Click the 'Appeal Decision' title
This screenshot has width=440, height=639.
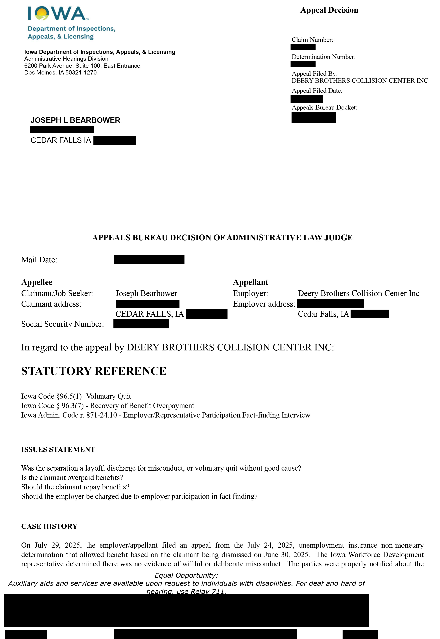tap(329, 10)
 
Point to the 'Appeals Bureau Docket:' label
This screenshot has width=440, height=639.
tap(325, 108)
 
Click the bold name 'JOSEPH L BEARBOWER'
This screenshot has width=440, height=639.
tap(75, 120)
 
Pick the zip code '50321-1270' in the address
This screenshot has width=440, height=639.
tap(81, 72)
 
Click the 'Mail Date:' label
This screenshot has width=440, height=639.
tap(39, 260)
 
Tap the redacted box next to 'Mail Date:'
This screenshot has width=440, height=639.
tap(149, 260)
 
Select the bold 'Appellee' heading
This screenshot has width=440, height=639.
tap(37, 282)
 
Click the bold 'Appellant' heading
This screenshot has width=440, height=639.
tap(250, 282)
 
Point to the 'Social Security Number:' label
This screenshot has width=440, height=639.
tap(63, 324)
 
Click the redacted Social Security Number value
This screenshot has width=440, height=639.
tap(141, 324)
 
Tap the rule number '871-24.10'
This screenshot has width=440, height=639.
tap(101, 415)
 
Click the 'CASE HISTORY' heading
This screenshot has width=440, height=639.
tap(49, 526)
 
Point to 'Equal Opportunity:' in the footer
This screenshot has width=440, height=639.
tap(186, 575)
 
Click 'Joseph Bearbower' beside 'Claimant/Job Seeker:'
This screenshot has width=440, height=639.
tap(146, 294)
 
